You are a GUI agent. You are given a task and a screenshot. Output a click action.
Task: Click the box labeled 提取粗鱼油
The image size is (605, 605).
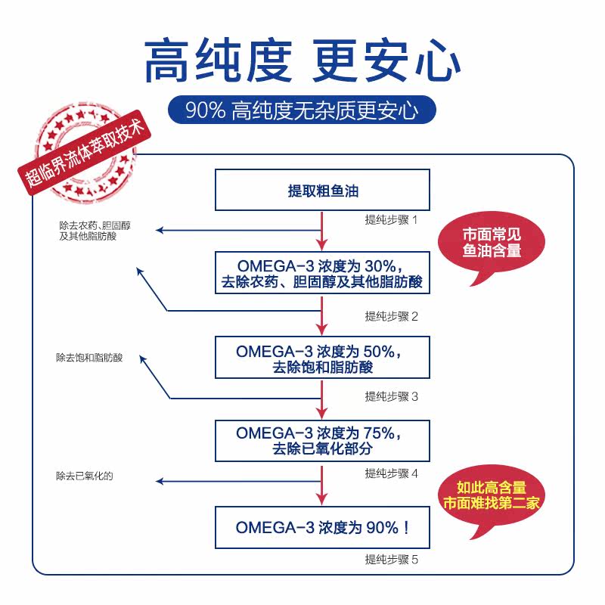tap(323, 191)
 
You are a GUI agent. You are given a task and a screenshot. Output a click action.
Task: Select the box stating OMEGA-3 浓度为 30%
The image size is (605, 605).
tap(323, 274)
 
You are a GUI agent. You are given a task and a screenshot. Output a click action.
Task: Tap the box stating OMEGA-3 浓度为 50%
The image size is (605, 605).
tap(323, 358)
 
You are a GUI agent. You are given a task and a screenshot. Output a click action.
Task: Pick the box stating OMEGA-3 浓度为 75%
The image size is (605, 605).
tap(323, 440)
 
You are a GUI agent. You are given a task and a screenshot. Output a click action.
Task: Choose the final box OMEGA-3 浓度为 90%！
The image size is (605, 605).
tap(323, 527)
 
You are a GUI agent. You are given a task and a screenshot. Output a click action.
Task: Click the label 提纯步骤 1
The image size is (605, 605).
tap(391, 220)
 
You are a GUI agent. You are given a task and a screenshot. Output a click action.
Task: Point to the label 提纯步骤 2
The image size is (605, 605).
tap(391, 316)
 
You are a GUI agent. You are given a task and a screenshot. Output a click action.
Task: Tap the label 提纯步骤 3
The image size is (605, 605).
tap(391, 396)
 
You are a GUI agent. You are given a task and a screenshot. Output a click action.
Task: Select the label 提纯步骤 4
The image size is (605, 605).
tap(391, 474)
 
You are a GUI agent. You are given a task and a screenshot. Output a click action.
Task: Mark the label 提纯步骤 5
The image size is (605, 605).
tap(391, 560)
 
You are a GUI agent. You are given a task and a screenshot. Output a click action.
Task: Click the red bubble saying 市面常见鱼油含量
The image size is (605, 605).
tap(493, 242)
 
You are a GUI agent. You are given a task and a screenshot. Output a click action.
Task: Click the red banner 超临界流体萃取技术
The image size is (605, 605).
tap(83, 154)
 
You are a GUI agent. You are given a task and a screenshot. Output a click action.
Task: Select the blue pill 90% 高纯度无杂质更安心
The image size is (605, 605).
tap(302, 110)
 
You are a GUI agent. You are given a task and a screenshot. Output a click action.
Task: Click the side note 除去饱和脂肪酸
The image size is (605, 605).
tap(89, 357)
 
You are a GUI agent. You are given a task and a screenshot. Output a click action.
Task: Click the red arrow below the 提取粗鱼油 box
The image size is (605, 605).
tap(323, 230)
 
